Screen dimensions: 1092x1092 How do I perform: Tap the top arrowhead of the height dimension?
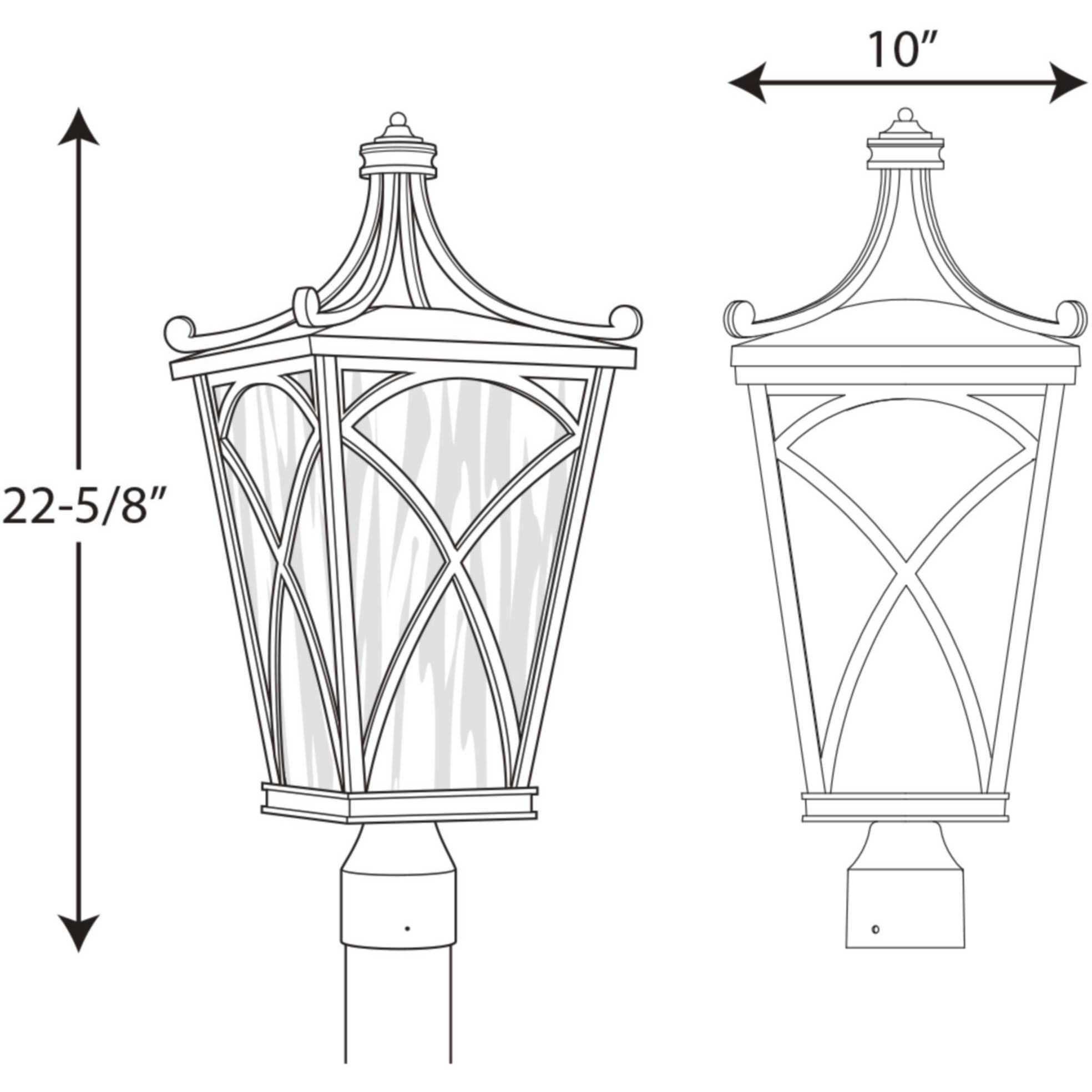(x=79, y=127)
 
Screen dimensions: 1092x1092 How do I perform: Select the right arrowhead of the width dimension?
(x=1067, y=83)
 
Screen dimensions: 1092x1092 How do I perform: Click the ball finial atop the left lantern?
(x=398, y=119)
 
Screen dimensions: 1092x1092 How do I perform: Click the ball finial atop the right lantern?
(x=905, y=115)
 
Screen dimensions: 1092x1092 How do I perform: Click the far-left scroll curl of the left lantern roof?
(x=180, y=330)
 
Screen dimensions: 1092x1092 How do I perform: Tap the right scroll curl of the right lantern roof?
(x=1071, y=315)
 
